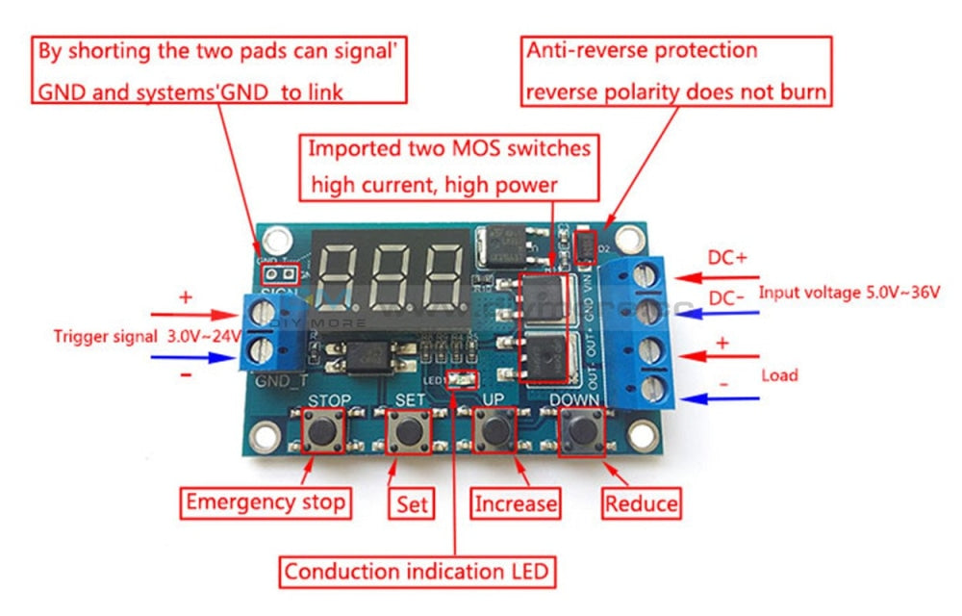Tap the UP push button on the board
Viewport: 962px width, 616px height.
coord(494,430)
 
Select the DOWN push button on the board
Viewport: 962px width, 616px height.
coord(580,430)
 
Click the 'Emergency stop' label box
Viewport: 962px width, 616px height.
coord(266,501)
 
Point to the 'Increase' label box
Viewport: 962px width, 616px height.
coord(517,502)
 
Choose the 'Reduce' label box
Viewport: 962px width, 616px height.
coord(641,502)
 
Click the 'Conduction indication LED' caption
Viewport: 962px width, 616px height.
coord(418,571)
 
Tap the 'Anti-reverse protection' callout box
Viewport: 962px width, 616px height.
coord(676,71)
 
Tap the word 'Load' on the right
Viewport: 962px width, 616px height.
coord(779,374)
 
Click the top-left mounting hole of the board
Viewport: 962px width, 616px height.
coord(279,235)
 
